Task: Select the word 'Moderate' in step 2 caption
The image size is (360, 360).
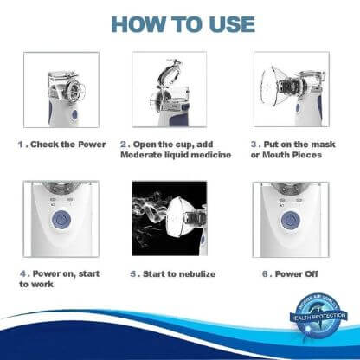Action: pos(145,155)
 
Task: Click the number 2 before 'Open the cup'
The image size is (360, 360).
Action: pos(123,145)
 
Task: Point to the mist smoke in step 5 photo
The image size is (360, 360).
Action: pos(148,208)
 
